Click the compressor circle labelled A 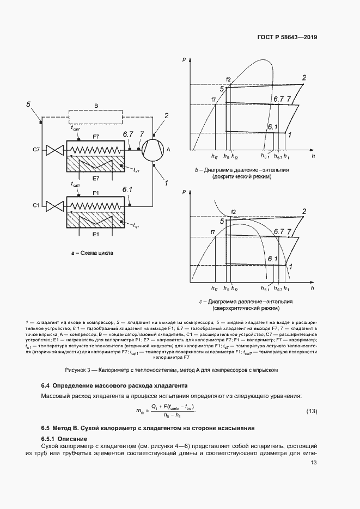coord(154,149)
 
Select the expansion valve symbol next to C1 coord(54,205)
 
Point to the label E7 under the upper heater coord(95,178)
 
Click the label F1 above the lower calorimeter coord(95,193)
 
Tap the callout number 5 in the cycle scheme coord(28,104)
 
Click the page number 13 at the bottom coord(314,463)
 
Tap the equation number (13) coord(311,410)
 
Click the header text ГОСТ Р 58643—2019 coord(287,38)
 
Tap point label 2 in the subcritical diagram coord(304,77)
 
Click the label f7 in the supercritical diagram coord(213,232)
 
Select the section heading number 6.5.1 coord(50,439)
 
